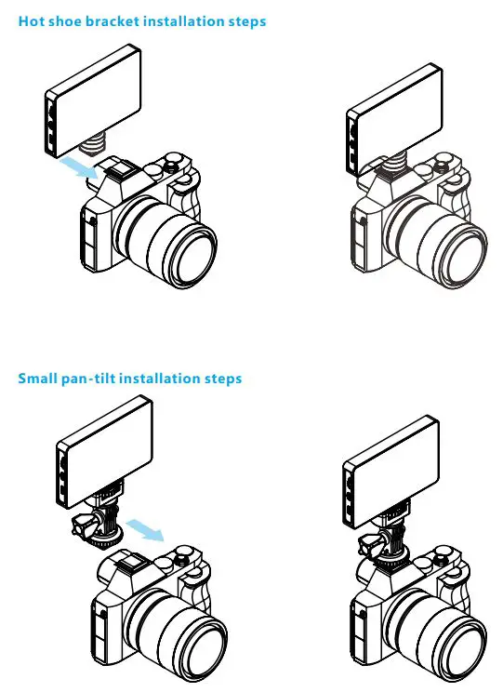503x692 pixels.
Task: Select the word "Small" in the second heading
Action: click(x=38, y=379)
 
